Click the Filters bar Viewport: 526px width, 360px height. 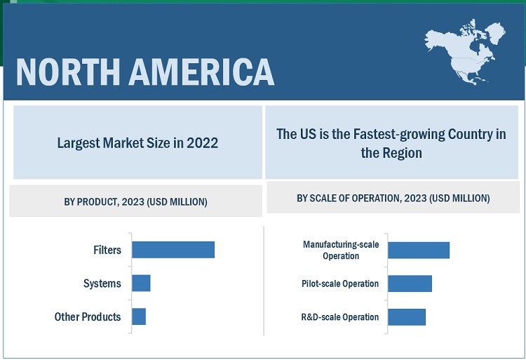pyautogui.click(x=173, y=250)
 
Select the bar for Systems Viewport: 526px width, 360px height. pyautogui.click(x=141, y=284)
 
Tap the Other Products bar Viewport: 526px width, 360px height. pyautogui.click(x=139, y=316)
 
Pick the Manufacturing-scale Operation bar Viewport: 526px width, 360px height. pyautogui.click(x=418, y=250)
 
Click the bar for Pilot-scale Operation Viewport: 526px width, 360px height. pyautogui.click(x=410, y=284)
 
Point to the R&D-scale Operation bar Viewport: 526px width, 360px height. pyautogui.click(x=407, y=316)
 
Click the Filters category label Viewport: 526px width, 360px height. pyautogui.click(x=107, y=250)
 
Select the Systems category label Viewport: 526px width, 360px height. pyautogui.click(x=102, y=284)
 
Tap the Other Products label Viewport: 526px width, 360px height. pyautogui.click(x=88, y=316)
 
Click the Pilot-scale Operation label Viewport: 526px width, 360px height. pyautogui.click(x=340, y=284)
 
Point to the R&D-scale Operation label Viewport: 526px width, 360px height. pyautogui.click(x=340, y=316)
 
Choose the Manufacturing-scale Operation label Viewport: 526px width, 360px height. pyautogui.click(x=341, y=250)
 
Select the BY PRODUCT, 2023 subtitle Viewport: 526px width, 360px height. pyautogui.click(x=135, y=202)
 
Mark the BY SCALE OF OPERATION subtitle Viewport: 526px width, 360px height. pyautogui.click(x=393, y=199)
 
